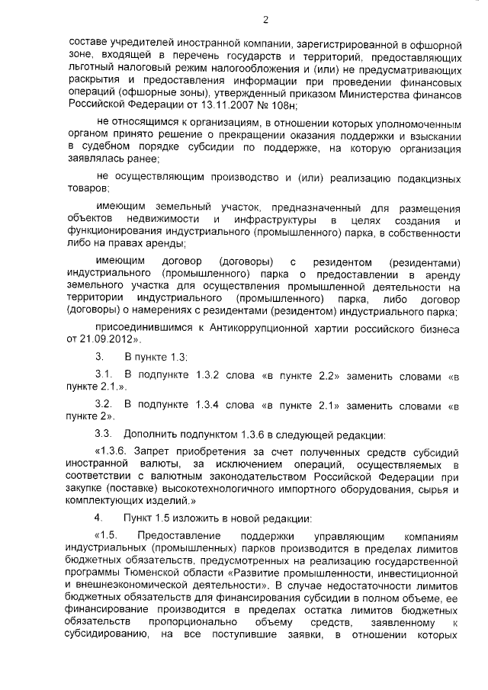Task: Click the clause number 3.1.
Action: coord(104,376)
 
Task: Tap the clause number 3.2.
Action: coord(104,404)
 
